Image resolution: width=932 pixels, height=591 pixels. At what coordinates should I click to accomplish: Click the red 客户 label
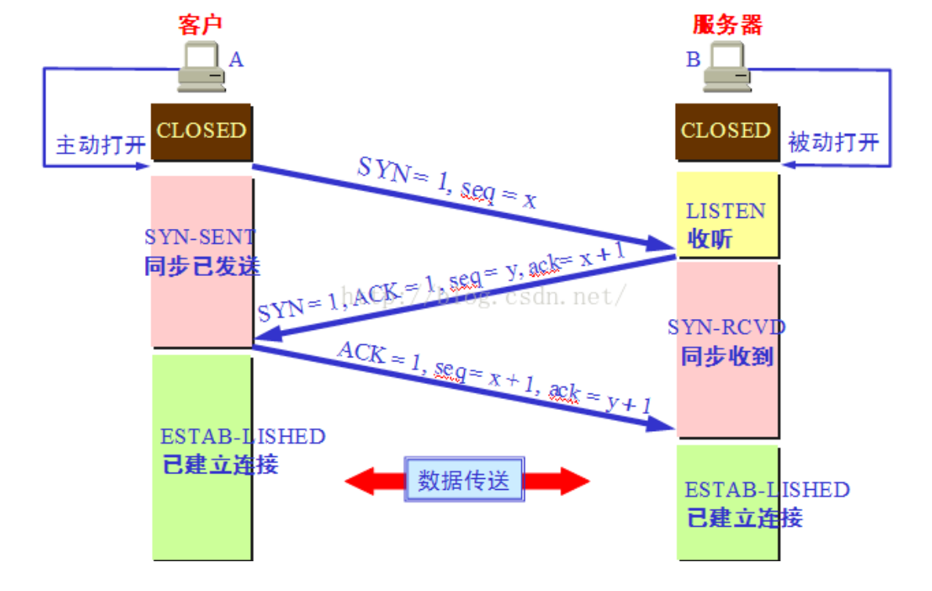tap(201, 24)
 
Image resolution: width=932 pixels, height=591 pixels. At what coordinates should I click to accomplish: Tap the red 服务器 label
tap(727, 24)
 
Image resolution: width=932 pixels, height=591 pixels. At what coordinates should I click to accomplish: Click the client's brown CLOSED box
tap(201, 131)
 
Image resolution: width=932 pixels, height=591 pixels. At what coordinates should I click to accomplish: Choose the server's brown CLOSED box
tap(726, 131)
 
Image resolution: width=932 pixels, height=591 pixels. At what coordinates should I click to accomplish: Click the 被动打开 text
tap(833, 143)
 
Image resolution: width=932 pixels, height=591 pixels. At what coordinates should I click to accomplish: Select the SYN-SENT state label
tap(201, 236)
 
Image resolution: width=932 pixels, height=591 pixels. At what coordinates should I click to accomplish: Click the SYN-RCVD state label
tap(727, 327)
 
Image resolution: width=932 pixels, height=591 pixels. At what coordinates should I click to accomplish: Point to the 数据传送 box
tap(464, 480)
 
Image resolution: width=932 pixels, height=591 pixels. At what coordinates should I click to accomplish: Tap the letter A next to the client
tap(236, 59)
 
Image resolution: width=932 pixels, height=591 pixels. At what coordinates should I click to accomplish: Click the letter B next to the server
tap(693, 59)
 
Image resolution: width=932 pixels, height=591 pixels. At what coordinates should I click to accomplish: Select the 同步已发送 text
tap(202, 266)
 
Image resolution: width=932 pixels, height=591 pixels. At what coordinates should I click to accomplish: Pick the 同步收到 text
tap(727, 357)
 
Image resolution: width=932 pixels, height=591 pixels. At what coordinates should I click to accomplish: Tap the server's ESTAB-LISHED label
tap(767, 491)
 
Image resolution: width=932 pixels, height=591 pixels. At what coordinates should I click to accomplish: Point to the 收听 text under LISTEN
tap(709, 238)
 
